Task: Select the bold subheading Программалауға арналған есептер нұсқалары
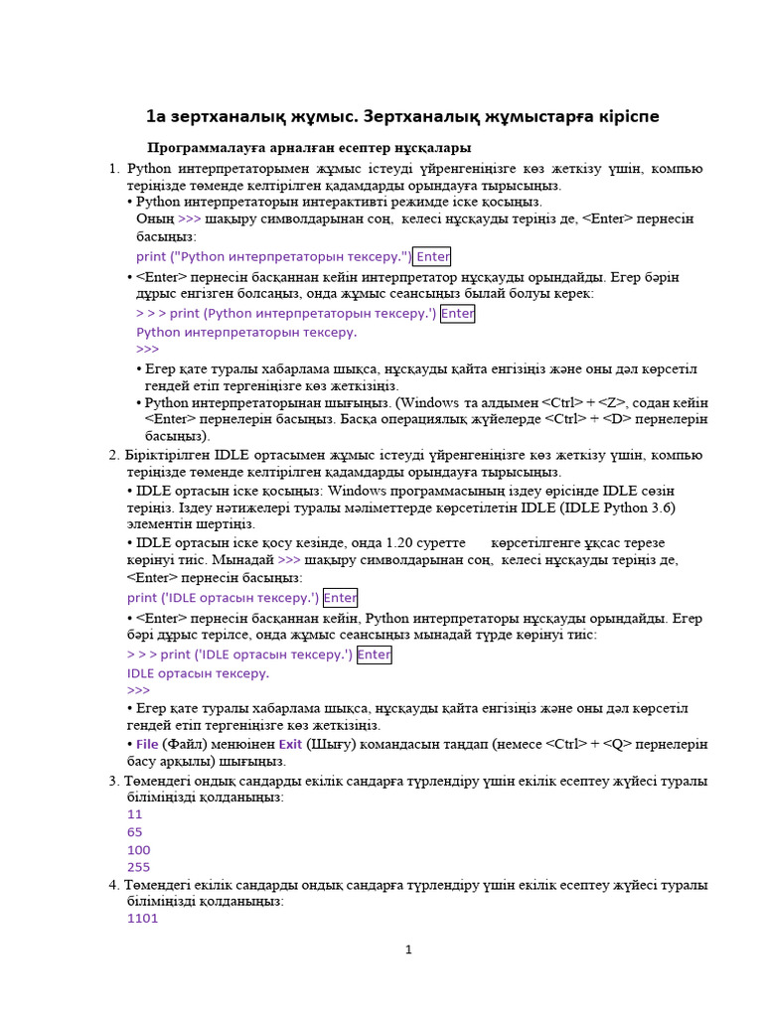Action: pos(309,148)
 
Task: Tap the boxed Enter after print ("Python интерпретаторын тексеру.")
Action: pos(433,256)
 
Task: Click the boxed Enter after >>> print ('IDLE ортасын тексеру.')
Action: pos(374,654)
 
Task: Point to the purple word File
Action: pos(147,743)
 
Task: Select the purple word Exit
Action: pos(290,743)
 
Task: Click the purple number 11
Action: pos(135,813)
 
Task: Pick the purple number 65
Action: pos(135,831)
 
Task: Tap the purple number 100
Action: pos(138,850)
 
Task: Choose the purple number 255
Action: pos(138,867)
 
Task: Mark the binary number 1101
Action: pos(142,919)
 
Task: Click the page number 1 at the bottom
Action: pos(407,950)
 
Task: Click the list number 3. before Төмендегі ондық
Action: pos(114,781)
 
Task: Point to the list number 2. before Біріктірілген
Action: pos(114,455)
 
